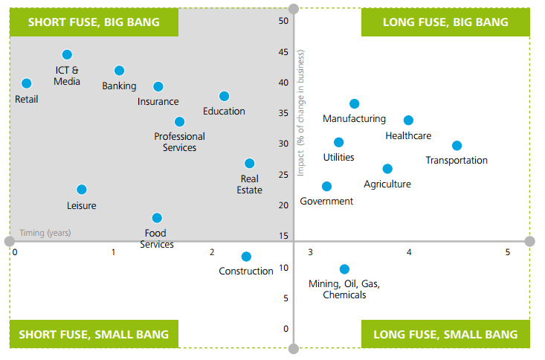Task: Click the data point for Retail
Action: pyautogui.click(x=27, y=83)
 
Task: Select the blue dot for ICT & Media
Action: pyautogui.click(x=67, y=54)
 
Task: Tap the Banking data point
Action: pyautogui.click(x=119, y=71)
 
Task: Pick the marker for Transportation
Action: pyautogui.click(x=457, y=146)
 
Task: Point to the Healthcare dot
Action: pyautogui.click(x=408, y=120)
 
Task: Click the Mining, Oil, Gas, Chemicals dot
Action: pyautogui.click(x=344, y=269)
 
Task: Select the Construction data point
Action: pyautogui.click(x=246, y=257)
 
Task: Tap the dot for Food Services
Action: pyautogui.click(x=157, y=218)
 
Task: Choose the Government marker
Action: pyautogui.click(x=326, y=186)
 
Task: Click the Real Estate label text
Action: pyautogui.click(x=250, y=184)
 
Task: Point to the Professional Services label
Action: pyautogui.click(x=179, y=141)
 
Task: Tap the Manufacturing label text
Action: pyautogui.click(x=354, y=118)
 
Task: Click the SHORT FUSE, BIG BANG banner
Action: pyautogui.click(x=94, y=22)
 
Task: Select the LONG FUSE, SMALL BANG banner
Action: pyautogui.click(x=445, y=334)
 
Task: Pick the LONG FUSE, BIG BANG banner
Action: pyautogui.click(x=445, y=22)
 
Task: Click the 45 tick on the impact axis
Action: pyautogui.click(x=283, y=51)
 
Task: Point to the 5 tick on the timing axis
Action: pyautogui.click(x=508, y=252)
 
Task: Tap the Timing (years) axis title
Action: pyautogui.click(x=45, y=233)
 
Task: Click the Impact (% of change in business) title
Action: pyautogui.click(x=301, y=113)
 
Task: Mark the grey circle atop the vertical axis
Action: pyautogui.click(x=293, y=9)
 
